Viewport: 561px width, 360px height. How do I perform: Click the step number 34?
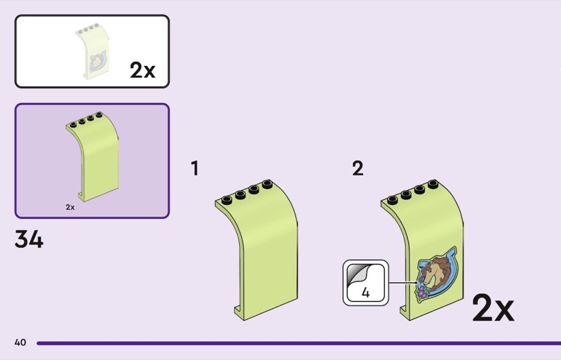click(29, 240)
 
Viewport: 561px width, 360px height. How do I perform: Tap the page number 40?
click(20, 342)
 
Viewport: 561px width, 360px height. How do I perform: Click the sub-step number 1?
click(195, 168)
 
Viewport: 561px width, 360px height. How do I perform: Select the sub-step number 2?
click(358, 168)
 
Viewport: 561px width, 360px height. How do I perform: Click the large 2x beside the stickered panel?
click(492, 309)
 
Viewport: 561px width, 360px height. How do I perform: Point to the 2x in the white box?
click(142, 70)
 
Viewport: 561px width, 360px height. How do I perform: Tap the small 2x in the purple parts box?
click(70, 207)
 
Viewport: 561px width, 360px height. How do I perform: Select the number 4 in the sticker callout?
click(365, 293)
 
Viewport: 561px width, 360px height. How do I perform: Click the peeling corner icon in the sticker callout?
click(365, 273)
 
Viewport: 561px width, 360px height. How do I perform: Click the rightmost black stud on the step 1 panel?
click(267, 185)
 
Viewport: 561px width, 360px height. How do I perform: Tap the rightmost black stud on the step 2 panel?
click(432, 185)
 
